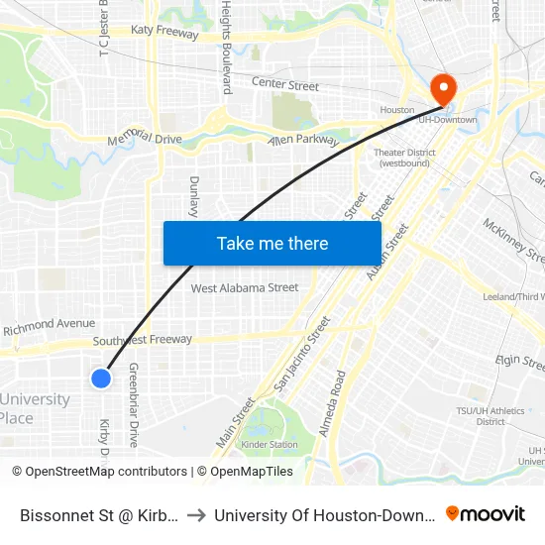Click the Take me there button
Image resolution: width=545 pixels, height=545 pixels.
click(272, 243)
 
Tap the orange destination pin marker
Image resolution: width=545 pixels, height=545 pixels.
click(443, 89)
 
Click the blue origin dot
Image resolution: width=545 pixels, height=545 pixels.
click(100, 378)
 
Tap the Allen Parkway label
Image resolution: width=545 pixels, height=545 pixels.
click(303, 141)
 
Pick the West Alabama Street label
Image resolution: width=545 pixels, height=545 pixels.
click(245, 288)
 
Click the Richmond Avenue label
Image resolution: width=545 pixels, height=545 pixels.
click(49, 324)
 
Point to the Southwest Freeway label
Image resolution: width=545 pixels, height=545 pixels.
click(143, 340)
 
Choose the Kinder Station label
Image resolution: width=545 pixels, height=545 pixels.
click(270, 445)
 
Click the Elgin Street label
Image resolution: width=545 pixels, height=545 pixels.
click(521, 362)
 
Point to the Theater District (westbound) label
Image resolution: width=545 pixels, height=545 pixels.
click(404, 158)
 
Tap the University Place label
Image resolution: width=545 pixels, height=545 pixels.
click(36, 408)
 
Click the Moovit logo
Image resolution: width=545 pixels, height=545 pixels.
click(485, 513)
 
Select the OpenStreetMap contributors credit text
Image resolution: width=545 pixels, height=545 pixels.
click(106, 472)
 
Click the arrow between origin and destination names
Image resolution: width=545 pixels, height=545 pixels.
click(195, 514)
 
